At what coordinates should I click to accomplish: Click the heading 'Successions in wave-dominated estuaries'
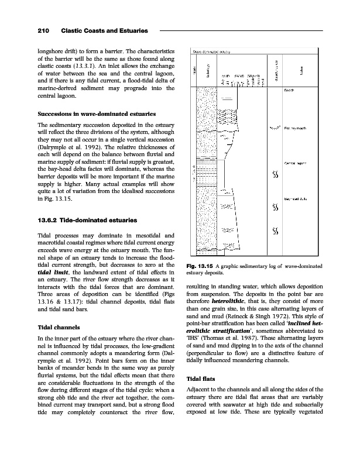(x=91, y=113)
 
